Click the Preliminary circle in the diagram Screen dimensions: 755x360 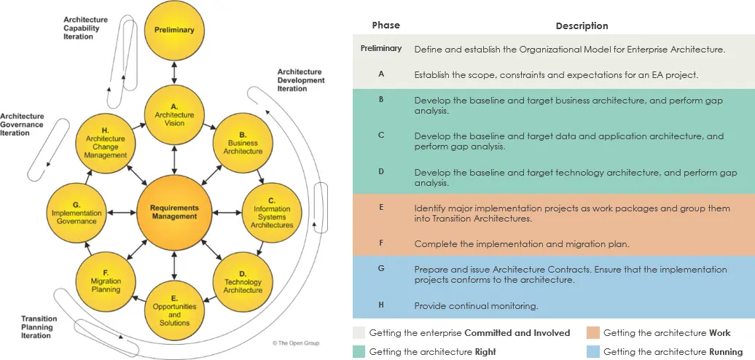(x=174, y=31)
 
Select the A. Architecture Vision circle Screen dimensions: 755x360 (x=174, y=115)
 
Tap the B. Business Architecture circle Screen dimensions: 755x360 (x=243, y=144)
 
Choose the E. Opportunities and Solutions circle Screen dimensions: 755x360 (x=174, y=310)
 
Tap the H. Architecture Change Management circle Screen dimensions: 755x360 (x=106, y=144)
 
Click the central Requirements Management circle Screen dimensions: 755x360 (x=174, y=212)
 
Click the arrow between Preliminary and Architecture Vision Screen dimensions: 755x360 (x=174, y=73)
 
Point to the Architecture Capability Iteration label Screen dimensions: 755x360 (x=86, y=28)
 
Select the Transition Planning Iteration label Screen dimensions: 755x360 (x=39, y=326)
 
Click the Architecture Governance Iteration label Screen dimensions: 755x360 (x=22, y=124)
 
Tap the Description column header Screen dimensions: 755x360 (x=582, y=26)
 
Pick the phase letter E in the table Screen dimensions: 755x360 (x=381, y=208)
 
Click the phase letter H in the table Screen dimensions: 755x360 (x=381, y=305)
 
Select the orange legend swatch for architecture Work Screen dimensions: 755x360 (x=593, y=332)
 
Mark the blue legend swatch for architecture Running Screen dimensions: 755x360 (x=593, y=351)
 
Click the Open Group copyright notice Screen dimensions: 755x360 (x=296, y=343)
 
